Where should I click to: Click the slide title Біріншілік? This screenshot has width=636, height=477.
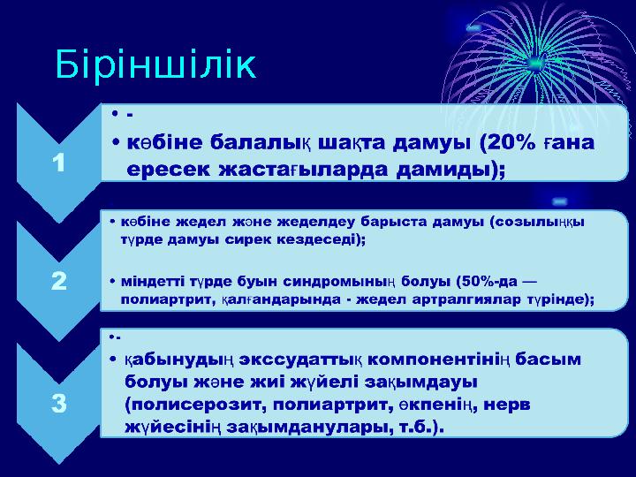click(x=155, y=65)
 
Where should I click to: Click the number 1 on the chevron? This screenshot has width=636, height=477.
click(x=58, y=163)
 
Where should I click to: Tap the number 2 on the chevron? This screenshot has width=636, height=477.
click(x=58, y=282)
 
